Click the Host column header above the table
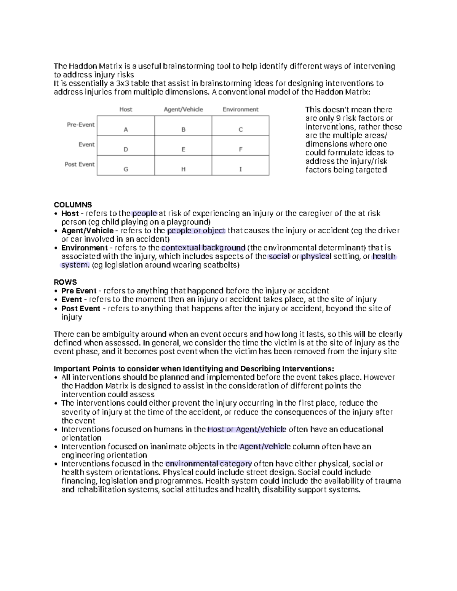[x=126, y=110]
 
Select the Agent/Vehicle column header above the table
[x=183, y=110]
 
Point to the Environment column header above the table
[x=240, y=110]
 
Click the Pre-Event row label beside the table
[x=81, y=125]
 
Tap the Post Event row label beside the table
[x=80, y=164]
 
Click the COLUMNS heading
[x=73, y=205]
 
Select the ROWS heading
[x=65, y=282]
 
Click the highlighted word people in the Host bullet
[x=144, y=213]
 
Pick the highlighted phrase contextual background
[x=203, y=248]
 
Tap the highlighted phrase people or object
[x=196, y=231]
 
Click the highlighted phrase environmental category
[x=209, y=464]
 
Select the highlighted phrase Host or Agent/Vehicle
[x=246, y=430]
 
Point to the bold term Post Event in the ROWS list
[x=80, y=309]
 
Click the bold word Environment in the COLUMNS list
[x=84, y=248]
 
